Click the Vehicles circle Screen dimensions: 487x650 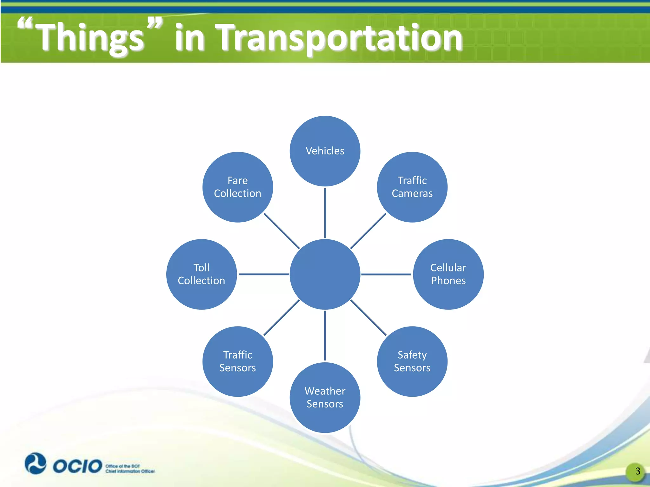click(325, 151)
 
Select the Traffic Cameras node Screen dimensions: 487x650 click(412, 187)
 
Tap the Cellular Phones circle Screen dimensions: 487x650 click(448, 274)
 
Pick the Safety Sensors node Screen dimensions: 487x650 click(412, 361)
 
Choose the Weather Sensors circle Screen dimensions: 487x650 click(325, 398)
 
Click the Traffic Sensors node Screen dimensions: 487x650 click(237, 361)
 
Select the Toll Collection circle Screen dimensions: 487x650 click(201, 274)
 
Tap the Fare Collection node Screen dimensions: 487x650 click(237, 187)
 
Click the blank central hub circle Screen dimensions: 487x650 click(325, 274)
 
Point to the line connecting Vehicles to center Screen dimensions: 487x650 click(325, 213)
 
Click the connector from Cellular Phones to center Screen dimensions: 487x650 click(386, 274)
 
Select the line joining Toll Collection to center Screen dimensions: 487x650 click(263, 274)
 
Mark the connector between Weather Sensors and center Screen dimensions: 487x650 click(325, 335)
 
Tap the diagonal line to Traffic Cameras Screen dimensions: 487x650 click(368, 231)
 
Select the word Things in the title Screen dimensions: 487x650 click(90, 38)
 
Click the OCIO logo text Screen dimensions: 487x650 click(77, 466)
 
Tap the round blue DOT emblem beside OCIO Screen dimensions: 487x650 click(35, 464)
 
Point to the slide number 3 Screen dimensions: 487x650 click(637, 471)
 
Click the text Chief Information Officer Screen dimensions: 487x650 click(130, 471)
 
